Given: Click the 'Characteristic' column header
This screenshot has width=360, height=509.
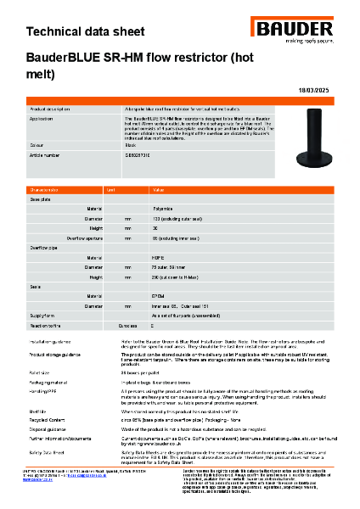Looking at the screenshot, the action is point(47,190).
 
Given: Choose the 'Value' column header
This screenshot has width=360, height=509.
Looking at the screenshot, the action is point(159,190).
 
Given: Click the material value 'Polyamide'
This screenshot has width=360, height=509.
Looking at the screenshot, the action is point(164,208).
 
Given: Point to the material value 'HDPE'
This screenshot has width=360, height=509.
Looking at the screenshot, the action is point(158,257).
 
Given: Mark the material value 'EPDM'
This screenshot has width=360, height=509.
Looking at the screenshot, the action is point(158,296).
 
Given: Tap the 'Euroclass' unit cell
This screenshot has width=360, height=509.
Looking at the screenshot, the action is point(127,325).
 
